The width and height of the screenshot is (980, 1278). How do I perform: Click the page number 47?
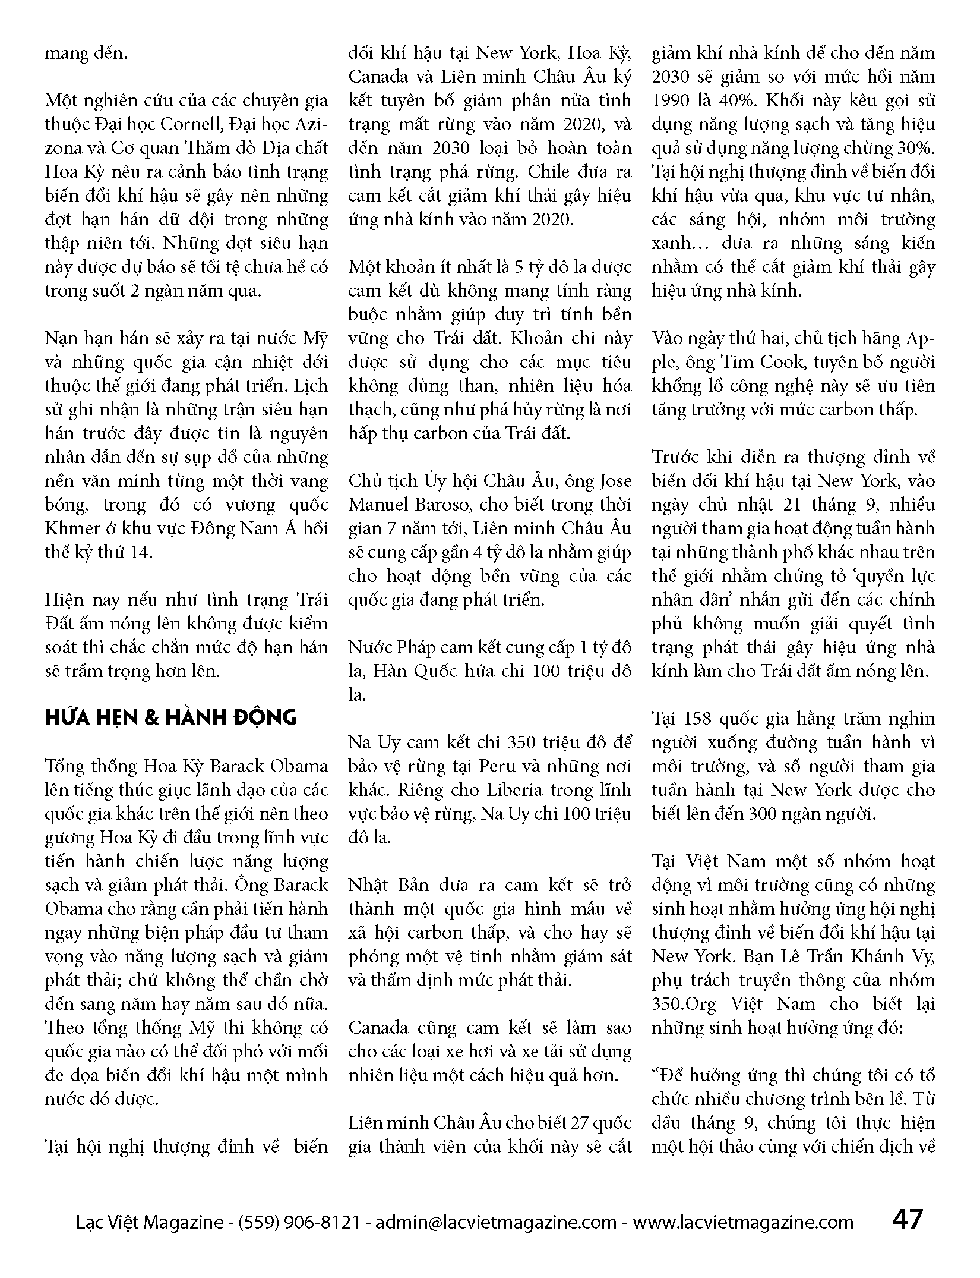(x=907, y=1219)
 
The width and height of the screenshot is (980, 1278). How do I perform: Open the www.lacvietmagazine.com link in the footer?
(x=742, y=1222)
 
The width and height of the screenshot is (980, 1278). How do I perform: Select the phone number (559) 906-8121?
(x=299, y=1222)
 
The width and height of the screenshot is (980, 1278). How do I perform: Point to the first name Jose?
(x=614, y=481)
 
